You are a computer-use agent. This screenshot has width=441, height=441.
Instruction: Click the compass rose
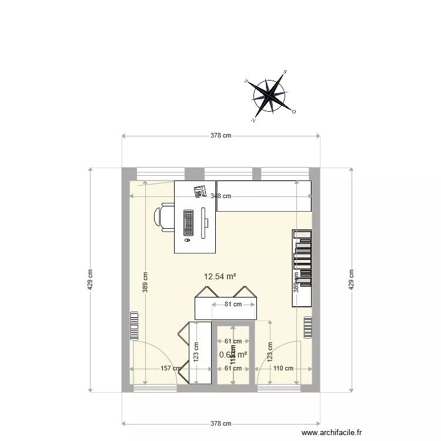coord(270,95)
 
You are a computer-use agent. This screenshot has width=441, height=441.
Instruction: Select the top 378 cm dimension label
coord(221,136)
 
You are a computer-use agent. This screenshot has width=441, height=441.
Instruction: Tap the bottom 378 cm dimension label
coord(221,423)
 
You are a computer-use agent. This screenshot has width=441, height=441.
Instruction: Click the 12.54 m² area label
coord(220,276)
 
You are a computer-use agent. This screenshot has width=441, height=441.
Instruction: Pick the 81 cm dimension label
coord(233,304)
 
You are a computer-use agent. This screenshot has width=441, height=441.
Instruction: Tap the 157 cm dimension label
coord(171,369)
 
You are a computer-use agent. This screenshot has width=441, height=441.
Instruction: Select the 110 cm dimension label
coord(283,369)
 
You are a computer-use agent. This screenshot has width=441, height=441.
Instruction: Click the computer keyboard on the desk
coord(189,223)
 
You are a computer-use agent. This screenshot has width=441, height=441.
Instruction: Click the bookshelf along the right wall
coord(302,268)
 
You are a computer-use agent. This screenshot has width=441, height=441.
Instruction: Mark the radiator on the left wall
coord(134,325)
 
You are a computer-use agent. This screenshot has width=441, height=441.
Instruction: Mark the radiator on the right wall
coord(308,327)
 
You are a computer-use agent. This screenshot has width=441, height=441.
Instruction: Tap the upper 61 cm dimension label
coord(233,341)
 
